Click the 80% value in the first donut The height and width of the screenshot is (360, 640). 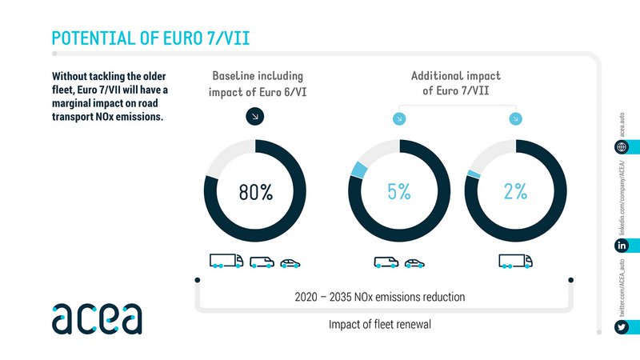(x=255, y=192)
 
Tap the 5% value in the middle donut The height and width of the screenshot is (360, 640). (x=399, y=192)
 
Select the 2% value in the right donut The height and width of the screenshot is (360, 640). (x=515, y=192)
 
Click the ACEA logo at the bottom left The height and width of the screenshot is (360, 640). (x=97, y=318)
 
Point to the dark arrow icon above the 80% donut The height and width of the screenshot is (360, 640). (x=255, y=117)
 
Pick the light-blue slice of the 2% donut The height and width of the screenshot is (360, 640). (x=473, y=174)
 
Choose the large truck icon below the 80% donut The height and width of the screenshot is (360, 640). (x=226, y=261)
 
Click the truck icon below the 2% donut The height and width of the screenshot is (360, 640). (x=514, y=261)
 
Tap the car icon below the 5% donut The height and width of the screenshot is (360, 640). (x=414, y=262)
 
